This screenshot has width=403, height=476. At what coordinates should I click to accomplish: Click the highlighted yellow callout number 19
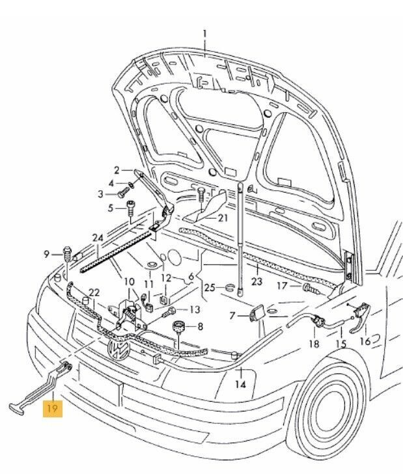pyautogui.click(x=52, y=410)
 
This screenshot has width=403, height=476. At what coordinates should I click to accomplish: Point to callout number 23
pyautogui.click(x=256, y=282)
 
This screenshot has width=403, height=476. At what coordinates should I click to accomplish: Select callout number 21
pyautogui.click(x=223, y=217)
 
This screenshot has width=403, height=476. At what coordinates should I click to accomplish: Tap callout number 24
pyautogui.click(x=98, y=238)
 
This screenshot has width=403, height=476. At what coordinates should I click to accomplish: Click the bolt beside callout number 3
pyautogui.click(x=123, y=193)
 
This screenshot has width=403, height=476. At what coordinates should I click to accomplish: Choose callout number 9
pyautogui.click(x=47, y=253)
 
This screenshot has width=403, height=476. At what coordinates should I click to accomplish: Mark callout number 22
pyautogui.click(x=94, y=292)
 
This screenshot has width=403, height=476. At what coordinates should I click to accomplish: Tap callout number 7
pyautogui.click(x=233, y=316)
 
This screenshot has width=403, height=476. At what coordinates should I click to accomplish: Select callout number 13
pyautogui.click(x=195, y=310)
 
